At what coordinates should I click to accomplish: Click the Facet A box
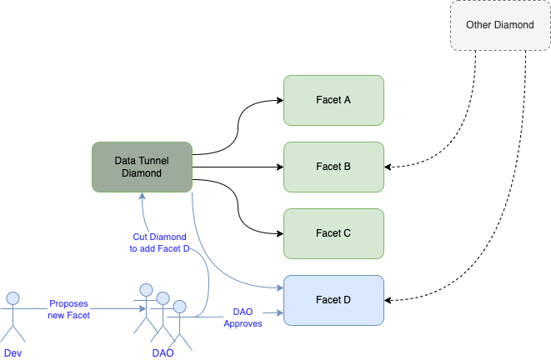[x=333, y=101]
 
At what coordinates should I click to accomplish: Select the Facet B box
[x=333, y=167]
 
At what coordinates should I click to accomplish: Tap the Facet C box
[x=333, y=234]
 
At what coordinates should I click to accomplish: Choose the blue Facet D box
[x=333, y=301]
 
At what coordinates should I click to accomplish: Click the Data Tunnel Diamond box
[x=142, y=167]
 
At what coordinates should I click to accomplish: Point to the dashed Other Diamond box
[x=500, y=25]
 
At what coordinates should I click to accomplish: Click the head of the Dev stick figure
[x=13, y=298]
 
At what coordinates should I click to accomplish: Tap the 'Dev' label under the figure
[x=13, y=353]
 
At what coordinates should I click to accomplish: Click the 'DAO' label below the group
[x=163, y=353]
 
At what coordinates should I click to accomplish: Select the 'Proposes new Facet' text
[x=69, y=309]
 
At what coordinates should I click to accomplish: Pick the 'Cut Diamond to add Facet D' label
[x=159, y=242]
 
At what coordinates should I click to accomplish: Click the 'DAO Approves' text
[x=243, y=317]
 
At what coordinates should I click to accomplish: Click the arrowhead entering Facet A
[x=280, y=101]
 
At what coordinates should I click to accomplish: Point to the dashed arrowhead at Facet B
[x=388, y=167]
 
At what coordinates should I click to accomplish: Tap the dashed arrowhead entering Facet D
[x=388, y=300]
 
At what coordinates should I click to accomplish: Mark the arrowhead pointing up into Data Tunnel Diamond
[x=142, y=196]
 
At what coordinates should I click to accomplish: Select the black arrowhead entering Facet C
[x=280, y=233]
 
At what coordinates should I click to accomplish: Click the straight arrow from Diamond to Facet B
[x=238, y=167]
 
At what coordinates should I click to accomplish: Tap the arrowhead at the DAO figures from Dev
[x=143, y=309]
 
